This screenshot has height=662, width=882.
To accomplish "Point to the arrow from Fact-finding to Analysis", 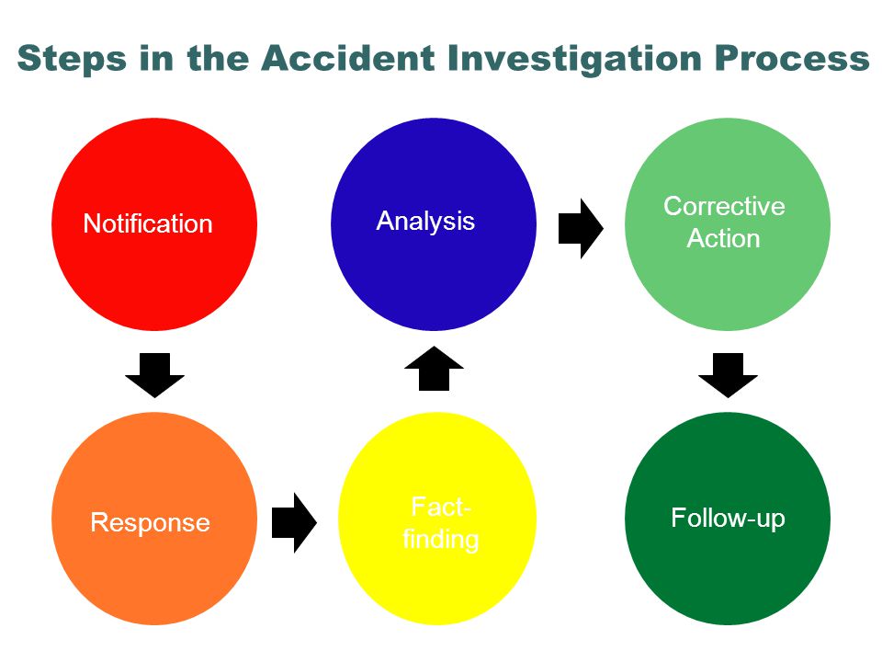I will click(434, 369).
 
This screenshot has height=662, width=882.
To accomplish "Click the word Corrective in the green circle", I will click(724, 206).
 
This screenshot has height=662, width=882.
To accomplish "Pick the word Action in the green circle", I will click(724, 239).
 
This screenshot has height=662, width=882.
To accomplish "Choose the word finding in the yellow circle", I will click(440, 539).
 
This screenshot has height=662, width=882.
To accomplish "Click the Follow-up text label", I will click(728, 519).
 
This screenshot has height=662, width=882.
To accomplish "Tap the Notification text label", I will click(148, 223).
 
